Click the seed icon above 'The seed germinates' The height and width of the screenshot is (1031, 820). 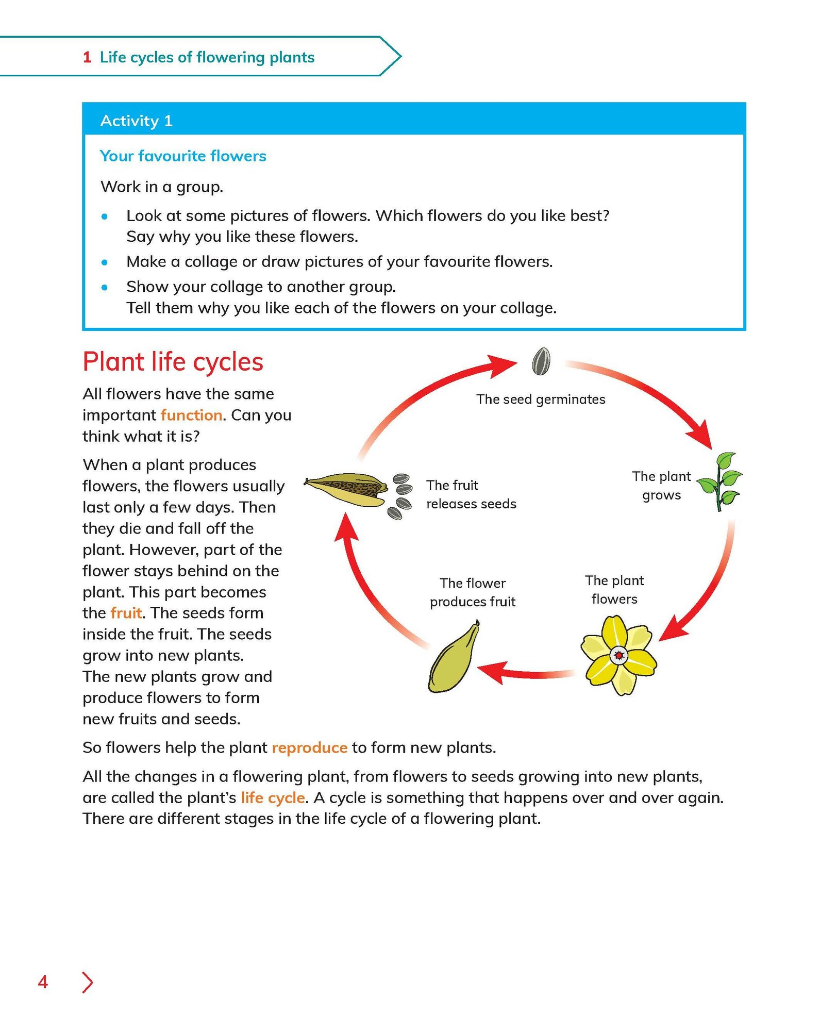[541, 361]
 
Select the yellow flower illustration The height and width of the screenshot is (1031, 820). [618, 655]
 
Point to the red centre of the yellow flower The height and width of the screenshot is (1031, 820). [618, 656]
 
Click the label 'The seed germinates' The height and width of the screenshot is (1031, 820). [540, 400]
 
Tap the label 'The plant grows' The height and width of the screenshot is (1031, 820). [661, 486]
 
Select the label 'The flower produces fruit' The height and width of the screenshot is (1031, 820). [473, 592]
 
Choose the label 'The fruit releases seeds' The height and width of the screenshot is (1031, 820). [471, 494]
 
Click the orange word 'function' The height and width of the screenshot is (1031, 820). [191, 415]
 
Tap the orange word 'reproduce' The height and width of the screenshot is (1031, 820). [309, 747]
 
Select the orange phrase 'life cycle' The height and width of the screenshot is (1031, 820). [273, 797]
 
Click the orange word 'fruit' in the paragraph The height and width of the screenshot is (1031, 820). [126, 613]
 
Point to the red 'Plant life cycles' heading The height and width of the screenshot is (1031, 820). [173, 361]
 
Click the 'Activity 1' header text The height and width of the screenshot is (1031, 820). [136, 121]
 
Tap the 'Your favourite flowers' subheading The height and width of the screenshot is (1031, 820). [183, 156]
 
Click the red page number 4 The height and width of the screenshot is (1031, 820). [43, 982]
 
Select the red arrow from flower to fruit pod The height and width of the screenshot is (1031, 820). [526, 673]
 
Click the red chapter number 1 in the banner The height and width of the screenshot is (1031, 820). [87, 57]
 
